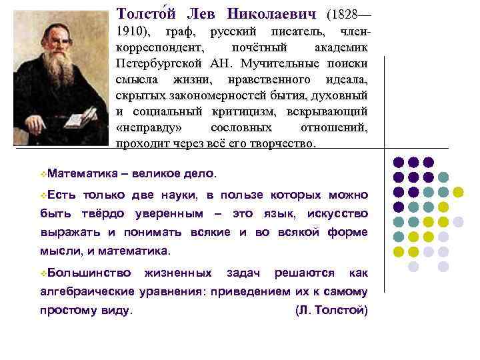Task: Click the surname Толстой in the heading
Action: [x=143, y=13]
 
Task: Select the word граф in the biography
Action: [x=181, y=32]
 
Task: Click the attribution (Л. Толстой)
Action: [x=331, y=310]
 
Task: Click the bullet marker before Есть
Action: [x=43, y=195]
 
